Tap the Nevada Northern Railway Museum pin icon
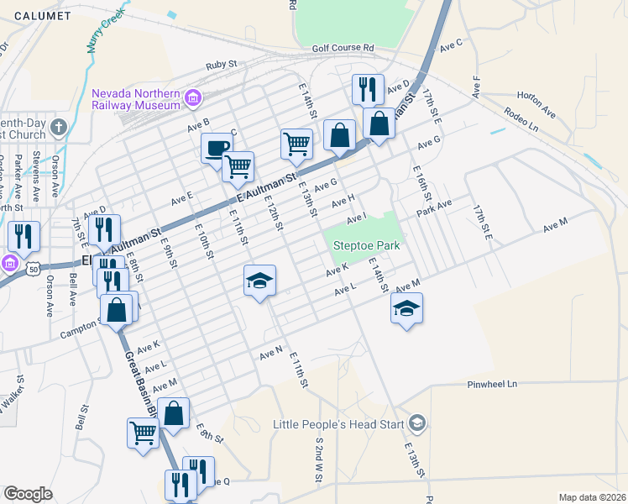point(194,99)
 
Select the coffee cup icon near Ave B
point(217,148)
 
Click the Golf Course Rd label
point(343,50)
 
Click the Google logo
point(28,494)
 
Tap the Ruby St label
point(222,65)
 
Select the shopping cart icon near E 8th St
point(143,433)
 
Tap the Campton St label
point(80,333)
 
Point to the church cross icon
point(58,128)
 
